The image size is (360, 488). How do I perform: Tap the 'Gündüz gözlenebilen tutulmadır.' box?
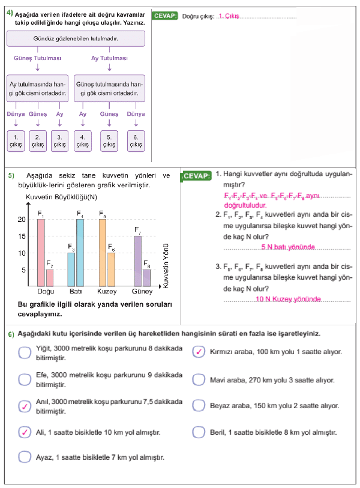tap(76, 39)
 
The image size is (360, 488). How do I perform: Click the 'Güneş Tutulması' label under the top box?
tap(37, 58)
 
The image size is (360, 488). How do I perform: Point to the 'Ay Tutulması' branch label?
tap(109, 58)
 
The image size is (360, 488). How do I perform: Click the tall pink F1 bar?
tap(41, 252)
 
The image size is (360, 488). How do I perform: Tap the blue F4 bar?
tap(80, 252)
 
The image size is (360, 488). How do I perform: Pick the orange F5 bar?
tap(103, 252)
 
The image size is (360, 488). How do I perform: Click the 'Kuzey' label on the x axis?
tap(107, 292)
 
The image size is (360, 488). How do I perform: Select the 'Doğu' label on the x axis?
tap(46, 292)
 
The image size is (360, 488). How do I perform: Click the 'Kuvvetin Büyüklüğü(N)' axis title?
tap(62, 197)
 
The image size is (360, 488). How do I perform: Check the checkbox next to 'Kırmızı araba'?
tap(199, 352)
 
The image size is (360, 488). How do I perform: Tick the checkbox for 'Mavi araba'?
tap(199, 380)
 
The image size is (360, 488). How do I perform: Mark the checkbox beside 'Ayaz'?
tap(24, 457)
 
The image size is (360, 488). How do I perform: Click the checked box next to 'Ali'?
tap(24, 432)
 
